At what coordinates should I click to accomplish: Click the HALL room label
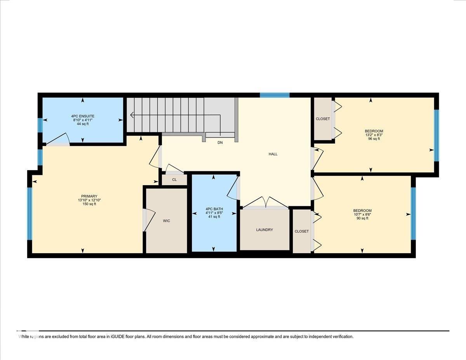click(x=273, y=154)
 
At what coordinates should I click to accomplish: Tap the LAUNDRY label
click(x=264, y=230)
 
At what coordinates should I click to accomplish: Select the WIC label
click(x=167, y=221)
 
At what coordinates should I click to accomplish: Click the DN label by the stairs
click(x=220, y=143)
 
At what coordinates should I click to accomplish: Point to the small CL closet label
click(x=174, y=180)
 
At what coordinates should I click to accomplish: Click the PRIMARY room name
click(x=89, y=196)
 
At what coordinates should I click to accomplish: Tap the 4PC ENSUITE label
click(x=83, y=116)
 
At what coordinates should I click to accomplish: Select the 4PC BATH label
click(x=213, y=209)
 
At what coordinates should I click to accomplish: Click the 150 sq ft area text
click(x=89, y=204)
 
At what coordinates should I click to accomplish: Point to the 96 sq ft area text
click(x=374, y=139)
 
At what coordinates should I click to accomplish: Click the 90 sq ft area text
click(x=362, y=218)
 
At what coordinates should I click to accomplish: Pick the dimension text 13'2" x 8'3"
click(x=374, y=135)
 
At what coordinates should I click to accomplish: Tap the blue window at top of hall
click(x=275, y=95)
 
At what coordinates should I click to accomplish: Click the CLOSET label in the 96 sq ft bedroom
click(x=323, y=119)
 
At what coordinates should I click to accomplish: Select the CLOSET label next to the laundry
click(x=302, y=231)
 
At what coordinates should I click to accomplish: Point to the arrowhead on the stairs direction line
click(x=132, y=115)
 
